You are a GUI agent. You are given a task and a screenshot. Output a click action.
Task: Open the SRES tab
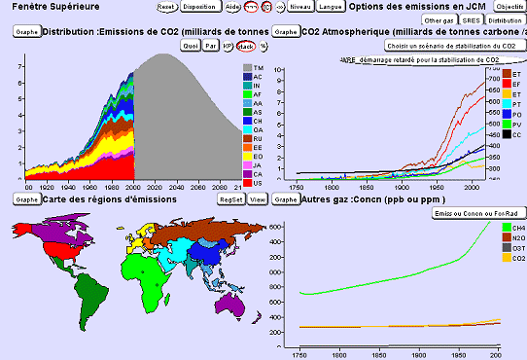tap(471, 19)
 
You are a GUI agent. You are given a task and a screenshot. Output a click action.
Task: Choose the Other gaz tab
tap(439, 19)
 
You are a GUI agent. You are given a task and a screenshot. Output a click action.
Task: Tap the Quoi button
tap(192, 45)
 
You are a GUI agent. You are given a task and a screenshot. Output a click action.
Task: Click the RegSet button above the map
tap(231, 198)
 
